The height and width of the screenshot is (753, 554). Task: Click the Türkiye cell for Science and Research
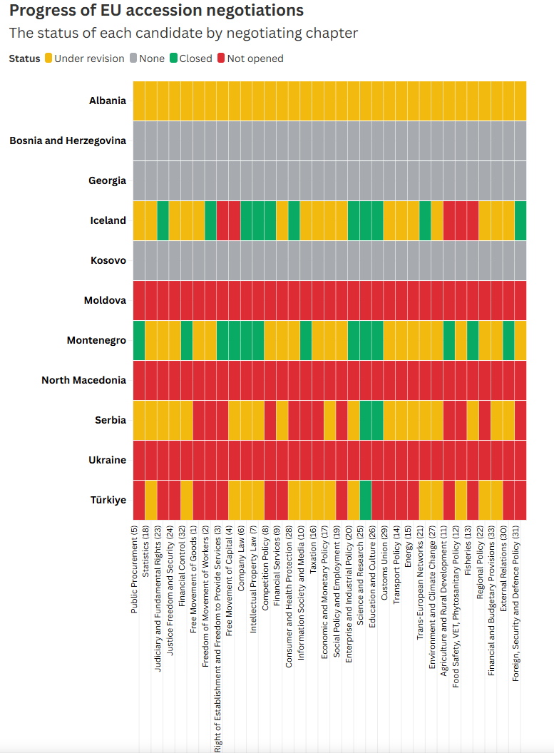pos(366,500)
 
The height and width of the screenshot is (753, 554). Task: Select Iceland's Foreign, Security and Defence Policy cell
pos(520,220)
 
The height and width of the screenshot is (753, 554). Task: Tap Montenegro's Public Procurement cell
pos(139,340)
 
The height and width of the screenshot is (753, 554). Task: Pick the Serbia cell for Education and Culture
pos(378,420)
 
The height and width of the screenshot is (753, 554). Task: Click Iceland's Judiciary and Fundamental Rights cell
pos(163,220)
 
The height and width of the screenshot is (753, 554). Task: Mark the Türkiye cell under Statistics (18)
pos(151,500)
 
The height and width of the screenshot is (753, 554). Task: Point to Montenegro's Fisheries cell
pos(473,340)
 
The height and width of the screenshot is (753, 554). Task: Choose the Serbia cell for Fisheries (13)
pos(473,420)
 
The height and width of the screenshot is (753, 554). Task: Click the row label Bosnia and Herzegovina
pos(68,140)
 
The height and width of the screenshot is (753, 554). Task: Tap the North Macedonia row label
pos(83,380)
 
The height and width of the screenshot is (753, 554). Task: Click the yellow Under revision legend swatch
pos(48,58)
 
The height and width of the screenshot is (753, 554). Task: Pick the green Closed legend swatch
pos(173,58)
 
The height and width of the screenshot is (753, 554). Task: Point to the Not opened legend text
pos(255,58)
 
